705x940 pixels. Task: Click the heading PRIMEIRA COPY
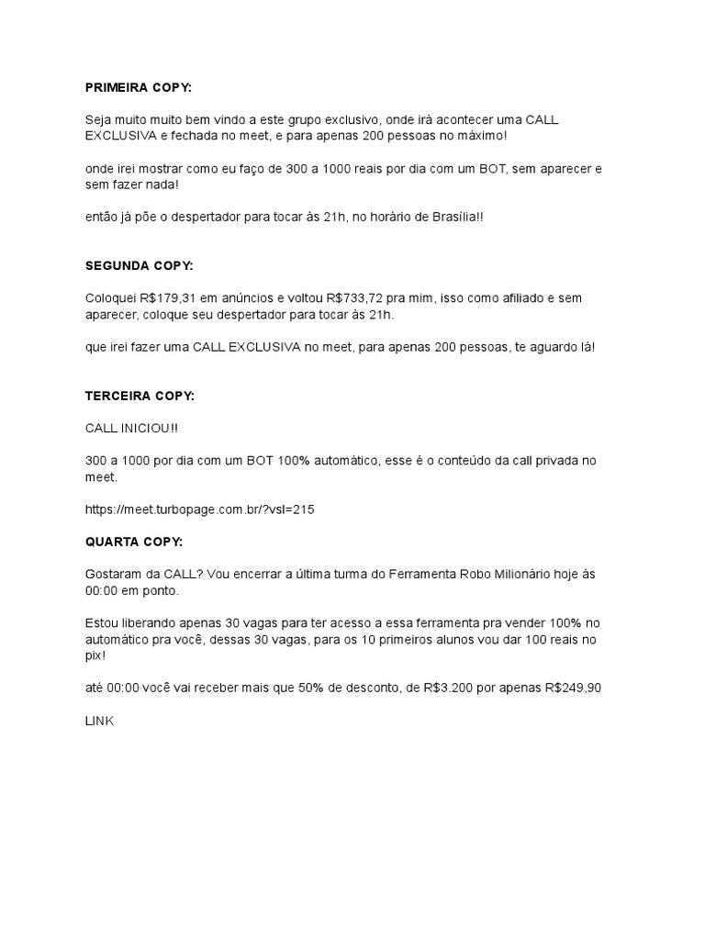coord(140,88)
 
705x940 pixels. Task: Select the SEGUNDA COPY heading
coord(140,265)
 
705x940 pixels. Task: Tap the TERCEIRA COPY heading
coord(140,396)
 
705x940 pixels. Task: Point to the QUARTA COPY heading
coord(134,541)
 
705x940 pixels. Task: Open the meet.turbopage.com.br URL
coord(199,509)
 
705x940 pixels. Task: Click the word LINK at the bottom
coord(99,722)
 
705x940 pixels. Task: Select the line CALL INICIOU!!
coord(131,428)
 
